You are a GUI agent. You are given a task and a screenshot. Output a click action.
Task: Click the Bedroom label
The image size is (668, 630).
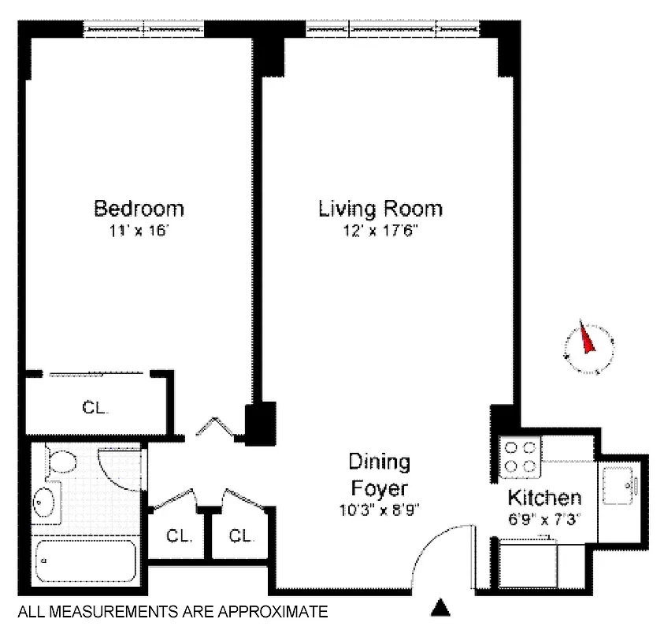click(139, 209)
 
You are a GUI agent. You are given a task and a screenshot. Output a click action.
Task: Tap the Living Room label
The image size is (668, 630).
click(380, 209)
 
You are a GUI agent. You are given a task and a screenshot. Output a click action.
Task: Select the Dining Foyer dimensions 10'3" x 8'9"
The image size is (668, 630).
click(380, 509)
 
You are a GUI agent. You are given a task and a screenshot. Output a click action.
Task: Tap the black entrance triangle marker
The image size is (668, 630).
click(441, 607)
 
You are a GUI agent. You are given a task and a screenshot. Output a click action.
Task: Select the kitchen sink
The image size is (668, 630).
click(622, 486)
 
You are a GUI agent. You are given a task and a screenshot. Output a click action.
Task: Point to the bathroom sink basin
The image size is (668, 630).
click(45, 502)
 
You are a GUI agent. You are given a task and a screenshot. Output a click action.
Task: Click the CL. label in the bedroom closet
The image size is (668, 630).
click(95, 408)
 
